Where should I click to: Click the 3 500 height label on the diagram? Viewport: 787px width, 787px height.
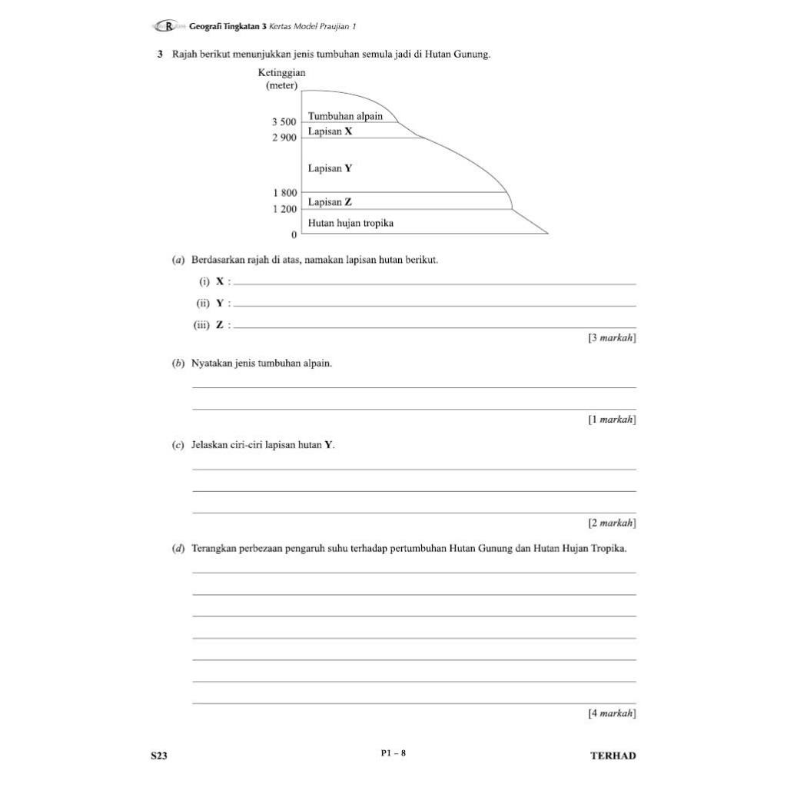284,122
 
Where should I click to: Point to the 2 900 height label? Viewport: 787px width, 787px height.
284,138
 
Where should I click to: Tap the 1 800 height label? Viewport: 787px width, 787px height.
284,193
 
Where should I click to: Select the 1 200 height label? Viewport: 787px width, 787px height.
284,209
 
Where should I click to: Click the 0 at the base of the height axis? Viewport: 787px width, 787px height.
293,234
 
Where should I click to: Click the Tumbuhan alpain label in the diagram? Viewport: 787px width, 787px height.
345,116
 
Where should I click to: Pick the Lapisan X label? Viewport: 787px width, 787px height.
330,131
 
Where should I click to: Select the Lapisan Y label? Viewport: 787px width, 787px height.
330,168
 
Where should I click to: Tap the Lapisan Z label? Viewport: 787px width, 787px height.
330,201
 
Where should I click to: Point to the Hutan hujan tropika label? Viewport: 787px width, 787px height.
350,223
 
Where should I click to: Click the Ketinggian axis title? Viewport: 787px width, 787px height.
281,73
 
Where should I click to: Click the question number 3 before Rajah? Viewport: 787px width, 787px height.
160,55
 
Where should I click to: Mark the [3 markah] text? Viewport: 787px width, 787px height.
612,337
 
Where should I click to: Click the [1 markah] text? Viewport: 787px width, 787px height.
612,420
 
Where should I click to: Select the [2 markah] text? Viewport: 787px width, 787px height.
612,523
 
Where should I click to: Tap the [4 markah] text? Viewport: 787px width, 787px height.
612,713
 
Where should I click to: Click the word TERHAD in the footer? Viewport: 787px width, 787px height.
613,755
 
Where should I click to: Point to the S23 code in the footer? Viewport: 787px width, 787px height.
158,755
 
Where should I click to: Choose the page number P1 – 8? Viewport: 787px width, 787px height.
393,753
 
